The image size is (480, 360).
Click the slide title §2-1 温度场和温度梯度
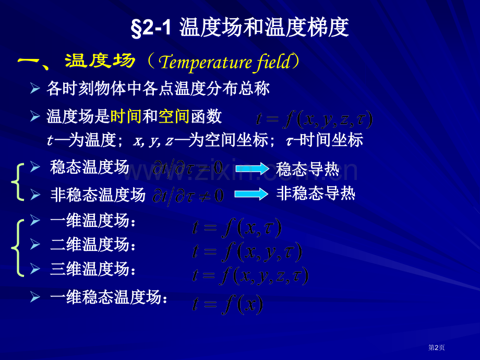(239, 28)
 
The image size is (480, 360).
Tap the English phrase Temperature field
(224, 62)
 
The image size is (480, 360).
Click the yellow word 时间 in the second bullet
(126, 116)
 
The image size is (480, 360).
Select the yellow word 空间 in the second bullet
(173, 116)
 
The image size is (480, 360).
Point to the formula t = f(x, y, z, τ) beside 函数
(314, 119)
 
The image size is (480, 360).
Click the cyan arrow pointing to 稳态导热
(251, 168)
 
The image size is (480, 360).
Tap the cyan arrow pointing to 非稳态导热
(251, 194)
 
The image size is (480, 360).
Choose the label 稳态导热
(307, 169)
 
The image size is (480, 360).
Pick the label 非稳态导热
(315, 194)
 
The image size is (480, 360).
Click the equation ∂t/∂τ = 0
(188, 167)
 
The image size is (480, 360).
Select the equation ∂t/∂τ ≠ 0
(188, 196)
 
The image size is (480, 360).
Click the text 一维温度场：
(94, 221)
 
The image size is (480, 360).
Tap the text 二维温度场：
(94, 244)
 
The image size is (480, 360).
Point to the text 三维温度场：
(94, 269)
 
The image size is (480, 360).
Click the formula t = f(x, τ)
(237, 228)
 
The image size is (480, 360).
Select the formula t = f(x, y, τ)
(247, 252)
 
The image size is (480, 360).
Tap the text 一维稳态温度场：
(110, 298)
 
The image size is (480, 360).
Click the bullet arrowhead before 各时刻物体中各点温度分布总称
(35, 89)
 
